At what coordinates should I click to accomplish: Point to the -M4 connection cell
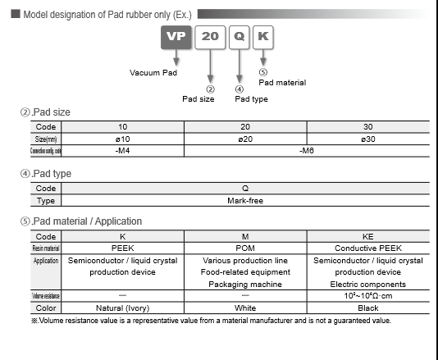[x=122, y=151]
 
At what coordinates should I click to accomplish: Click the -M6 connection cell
[x=307, y=151]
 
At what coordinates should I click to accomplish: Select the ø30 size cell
[x=368, y=139]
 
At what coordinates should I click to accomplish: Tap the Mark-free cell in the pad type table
[x=245, y=200]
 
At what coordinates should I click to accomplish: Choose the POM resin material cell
[x=245, y=248]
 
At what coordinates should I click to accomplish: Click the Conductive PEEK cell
[x=368, y=248]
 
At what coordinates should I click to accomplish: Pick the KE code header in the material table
[x=368, y=236]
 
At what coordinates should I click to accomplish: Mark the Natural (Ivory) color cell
[x=122, y=308]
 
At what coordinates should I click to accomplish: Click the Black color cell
[x=368, y=308]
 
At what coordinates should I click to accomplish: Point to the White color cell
[x=245, y=308]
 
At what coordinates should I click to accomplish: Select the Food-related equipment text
[x=245, y=272]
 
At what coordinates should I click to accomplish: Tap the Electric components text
[x=368, y=284]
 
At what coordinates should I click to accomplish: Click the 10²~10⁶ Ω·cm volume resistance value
[x=368, y=296]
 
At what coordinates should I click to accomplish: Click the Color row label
[x=46, y=308]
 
